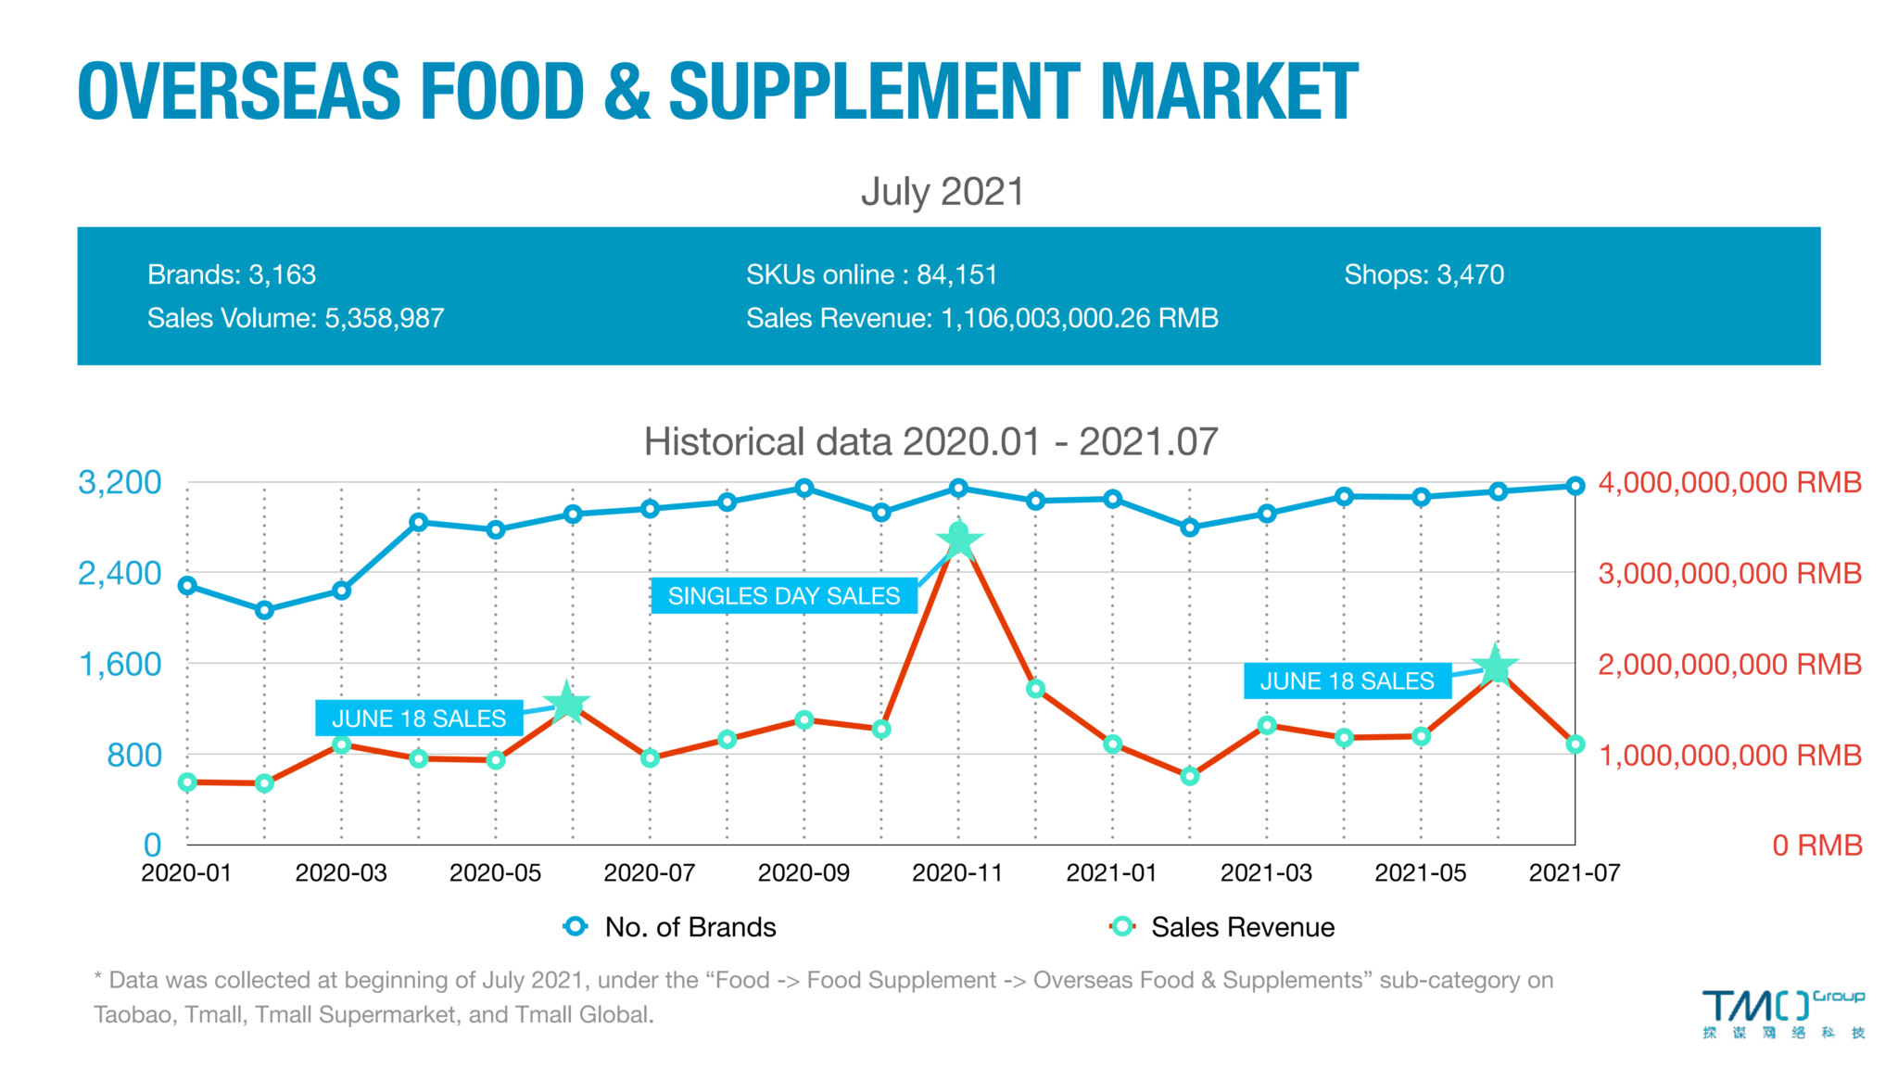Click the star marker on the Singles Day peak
pos(959,539)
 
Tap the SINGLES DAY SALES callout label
pos(784,596)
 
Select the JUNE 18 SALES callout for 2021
pos(1347,681)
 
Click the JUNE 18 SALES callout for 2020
pos(419,718)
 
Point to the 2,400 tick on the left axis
pos(120,574)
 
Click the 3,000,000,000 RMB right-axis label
pos(1729,574)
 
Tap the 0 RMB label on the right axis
pos(1816,845)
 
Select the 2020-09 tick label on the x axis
pos(803,873)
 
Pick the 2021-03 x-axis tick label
pos(1266,873)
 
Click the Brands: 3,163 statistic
pos(232,274)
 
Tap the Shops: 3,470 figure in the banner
pos(1423,274)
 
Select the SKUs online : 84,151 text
pos(871,274)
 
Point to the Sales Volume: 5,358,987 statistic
pos(296,318)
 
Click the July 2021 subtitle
pos(943,192)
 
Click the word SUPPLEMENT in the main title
pos(873,92)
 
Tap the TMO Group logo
pos(1781,1013)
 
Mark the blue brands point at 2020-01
pos(187,586)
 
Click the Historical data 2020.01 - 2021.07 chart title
pos(930,442)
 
